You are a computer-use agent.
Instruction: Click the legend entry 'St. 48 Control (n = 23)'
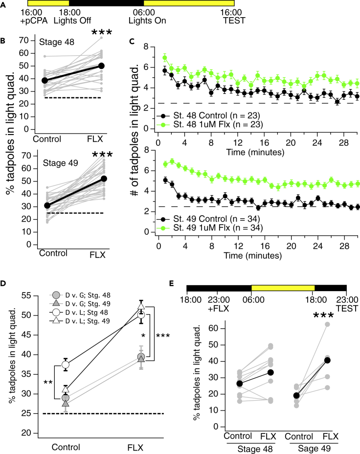(x=211, y=115)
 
